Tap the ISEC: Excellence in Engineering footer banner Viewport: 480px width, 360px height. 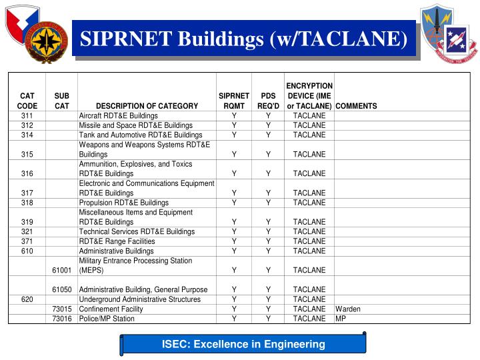[244, 344]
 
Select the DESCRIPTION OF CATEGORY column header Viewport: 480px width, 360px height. [147, 105]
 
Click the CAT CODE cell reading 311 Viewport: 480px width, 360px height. [27, 115]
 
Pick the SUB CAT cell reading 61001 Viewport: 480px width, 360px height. [61, 270]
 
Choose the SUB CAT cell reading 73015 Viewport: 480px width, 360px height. [61, 309]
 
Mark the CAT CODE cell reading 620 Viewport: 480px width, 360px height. [27, 299]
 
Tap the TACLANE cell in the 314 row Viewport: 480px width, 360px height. [309, 135]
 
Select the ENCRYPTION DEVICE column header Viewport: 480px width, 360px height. [309, 95]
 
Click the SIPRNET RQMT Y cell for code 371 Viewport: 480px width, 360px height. [234, 241]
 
